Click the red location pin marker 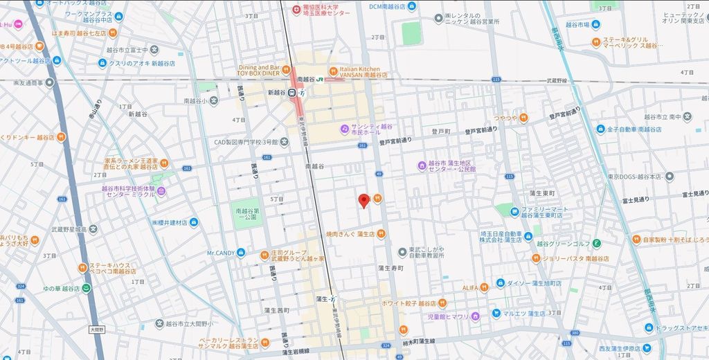coord(363,201)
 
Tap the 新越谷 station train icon coord(293,94)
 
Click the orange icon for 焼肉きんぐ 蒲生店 coord(382,233)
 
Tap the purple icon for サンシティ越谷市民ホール coord(344,128)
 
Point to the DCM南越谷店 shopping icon coord(413,6)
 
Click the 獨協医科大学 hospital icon coord(296,9)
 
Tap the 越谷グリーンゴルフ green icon coord(596,243)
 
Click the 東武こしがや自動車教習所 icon coord(402,251)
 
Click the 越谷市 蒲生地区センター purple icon coord(421,165)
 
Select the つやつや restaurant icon coord(523,118)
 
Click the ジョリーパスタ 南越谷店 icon coord(536,258)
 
